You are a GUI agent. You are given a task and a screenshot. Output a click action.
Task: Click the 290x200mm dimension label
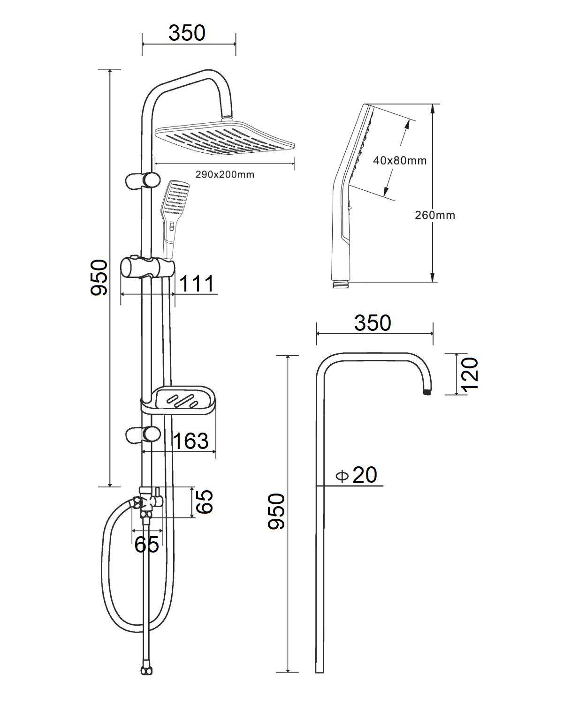pos(225,174)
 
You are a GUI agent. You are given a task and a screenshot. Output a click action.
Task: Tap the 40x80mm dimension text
pos(400,160)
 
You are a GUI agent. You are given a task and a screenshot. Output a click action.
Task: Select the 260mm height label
pos(435,215)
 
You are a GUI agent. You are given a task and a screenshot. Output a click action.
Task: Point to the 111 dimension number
pos(197,284)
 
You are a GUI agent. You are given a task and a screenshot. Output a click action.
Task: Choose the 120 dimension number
pos(470,374)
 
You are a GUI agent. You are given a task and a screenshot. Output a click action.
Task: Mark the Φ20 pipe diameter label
pos(356,475)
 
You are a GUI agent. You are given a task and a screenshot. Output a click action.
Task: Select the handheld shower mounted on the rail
pos(175,218)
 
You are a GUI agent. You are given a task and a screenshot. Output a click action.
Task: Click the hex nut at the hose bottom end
pos(146,669)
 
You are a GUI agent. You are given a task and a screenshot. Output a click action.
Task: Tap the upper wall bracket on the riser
pos(143,180)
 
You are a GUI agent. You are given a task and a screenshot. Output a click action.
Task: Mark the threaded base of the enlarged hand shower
pos(341,284)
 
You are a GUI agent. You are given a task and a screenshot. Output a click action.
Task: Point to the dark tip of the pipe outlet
pos(427,392)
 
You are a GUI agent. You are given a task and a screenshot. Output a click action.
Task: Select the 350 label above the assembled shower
pos(187,33)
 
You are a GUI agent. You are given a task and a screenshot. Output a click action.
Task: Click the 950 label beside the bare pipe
pos(276,512)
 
